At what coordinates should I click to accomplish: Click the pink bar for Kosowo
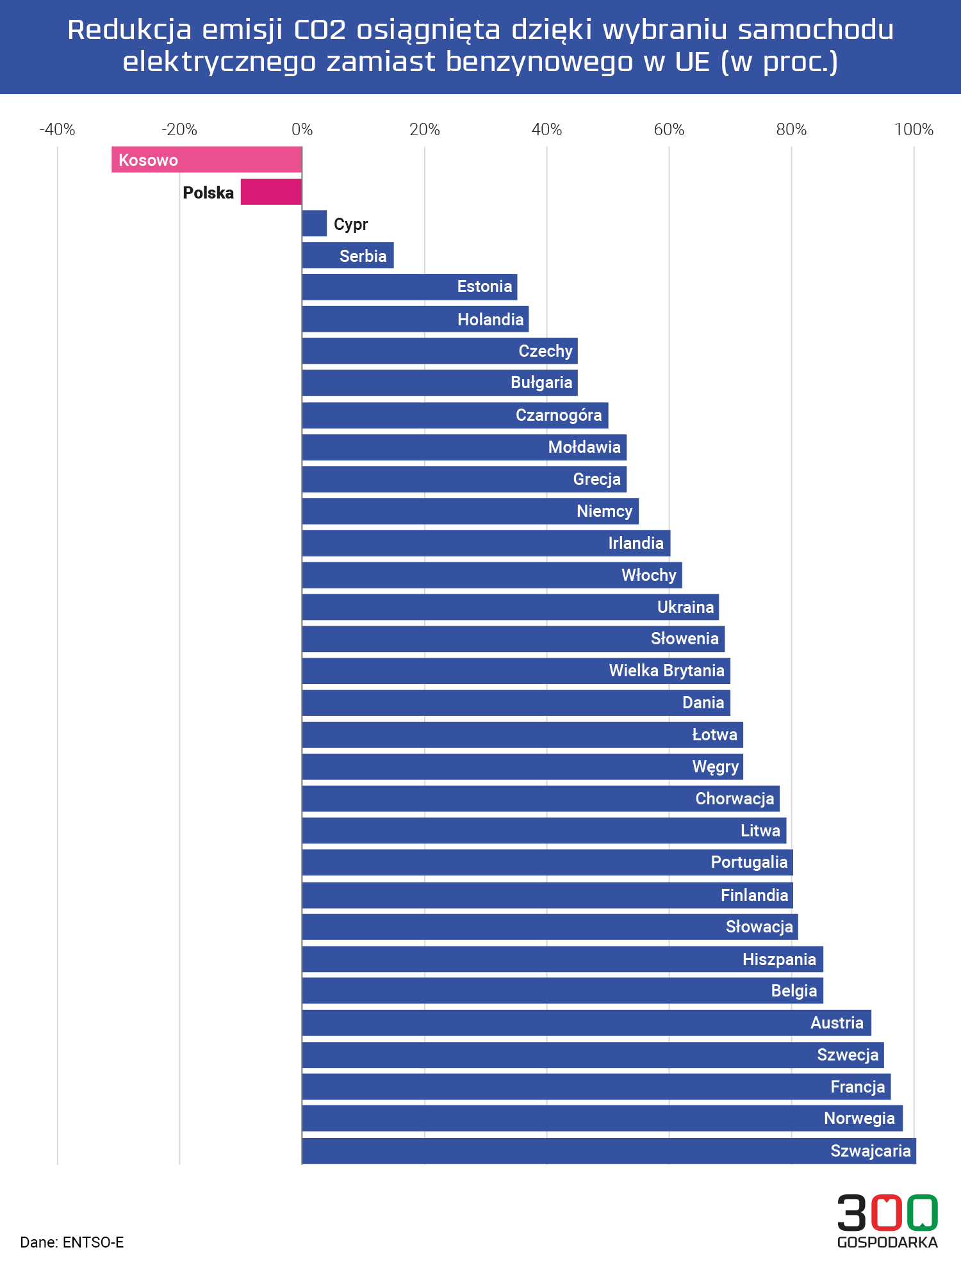point(206,159)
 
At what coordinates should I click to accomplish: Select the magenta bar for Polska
point(271,192)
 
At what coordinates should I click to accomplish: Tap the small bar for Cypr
point(315,224)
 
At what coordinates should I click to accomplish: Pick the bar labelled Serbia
point(347,256)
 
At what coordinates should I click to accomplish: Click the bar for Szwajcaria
point(609,1151)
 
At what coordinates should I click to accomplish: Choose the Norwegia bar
point(602,1118)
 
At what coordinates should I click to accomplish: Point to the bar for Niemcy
point(470,511)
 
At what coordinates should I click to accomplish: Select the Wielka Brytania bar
point(516,671)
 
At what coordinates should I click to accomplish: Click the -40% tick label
point(58,130)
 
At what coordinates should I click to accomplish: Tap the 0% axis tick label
point(302,130)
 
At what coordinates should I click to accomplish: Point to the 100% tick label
point(914,130)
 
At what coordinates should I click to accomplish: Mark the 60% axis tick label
point(669,130)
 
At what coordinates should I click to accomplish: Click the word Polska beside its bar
point(208,193)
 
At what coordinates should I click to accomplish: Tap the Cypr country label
point(350,224)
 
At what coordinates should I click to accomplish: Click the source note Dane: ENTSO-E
point(72,1242)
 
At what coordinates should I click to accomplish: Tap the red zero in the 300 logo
point(887,1212)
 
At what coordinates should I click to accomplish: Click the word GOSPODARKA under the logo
point(887,1242)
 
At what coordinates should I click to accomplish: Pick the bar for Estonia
point(409,287)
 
